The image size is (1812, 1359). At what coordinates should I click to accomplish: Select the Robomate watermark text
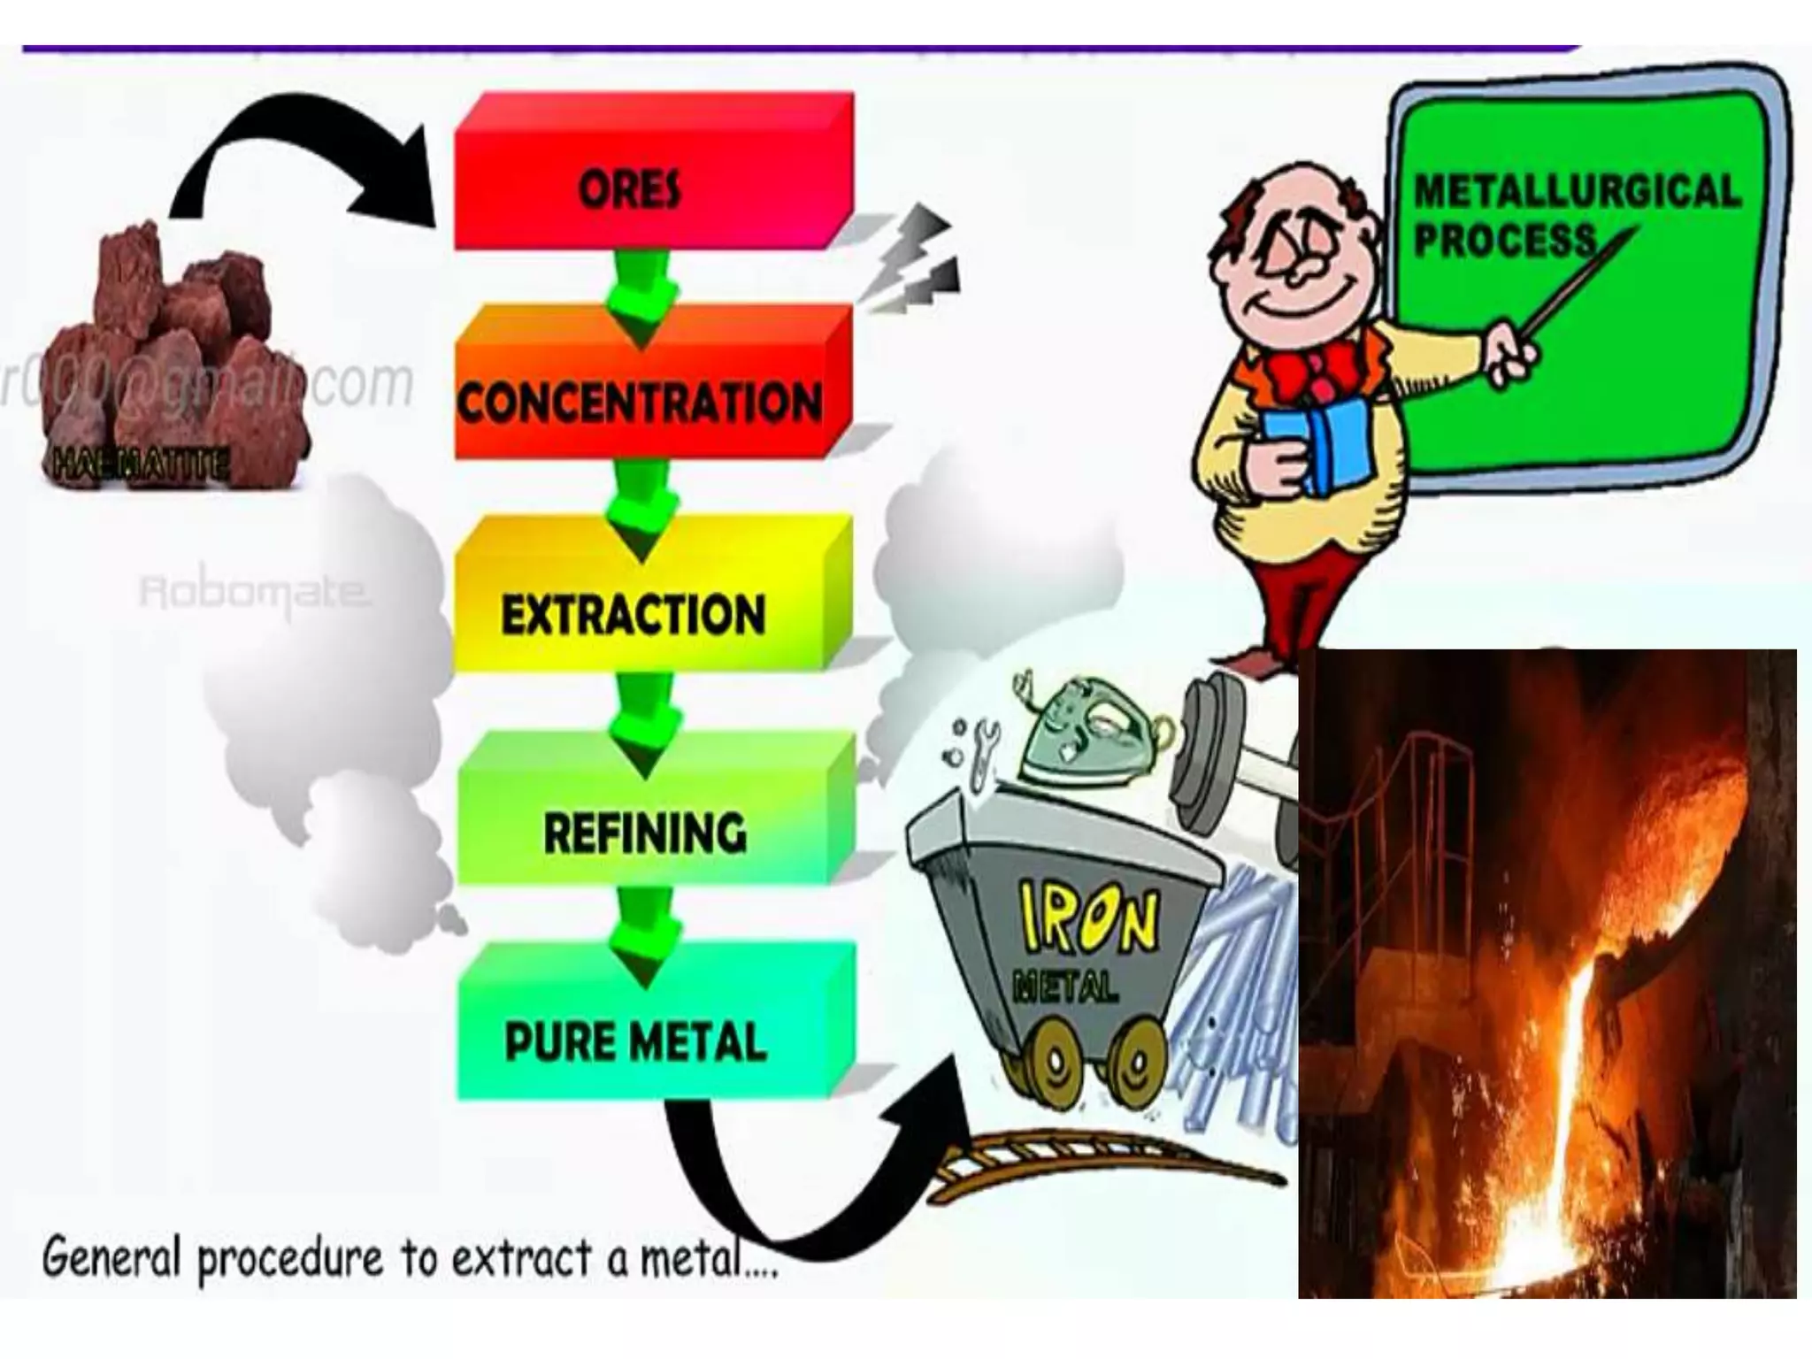tap(253, 592)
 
